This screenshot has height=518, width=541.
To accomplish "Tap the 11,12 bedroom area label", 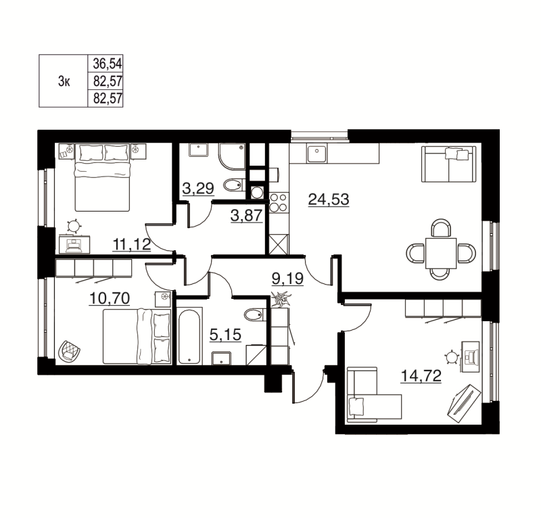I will coord(131,245).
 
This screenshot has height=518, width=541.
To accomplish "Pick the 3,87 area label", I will coord(246,217).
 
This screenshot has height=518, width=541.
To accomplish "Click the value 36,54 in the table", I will coord(106,64).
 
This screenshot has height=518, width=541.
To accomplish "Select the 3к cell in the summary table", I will coord(64,82).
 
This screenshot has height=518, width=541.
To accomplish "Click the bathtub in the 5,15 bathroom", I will coord(189,335).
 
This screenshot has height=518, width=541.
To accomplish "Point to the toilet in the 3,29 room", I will coord(233,183).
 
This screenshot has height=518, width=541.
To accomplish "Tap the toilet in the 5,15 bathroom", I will coord(256,314).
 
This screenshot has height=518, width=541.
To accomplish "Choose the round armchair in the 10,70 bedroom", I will coord(70,350).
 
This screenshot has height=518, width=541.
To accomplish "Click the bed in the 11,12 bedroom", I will coord(102,177).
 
